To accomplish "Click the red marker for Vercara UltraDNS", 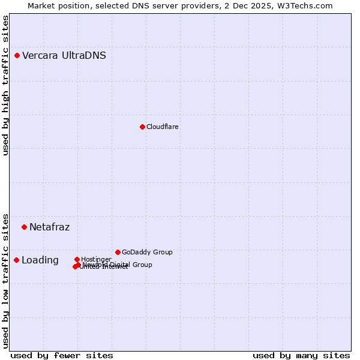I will point(17,56).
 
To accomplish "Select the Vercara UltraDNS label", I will point(64,56).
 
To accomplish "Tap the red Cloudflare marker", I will point(142,127).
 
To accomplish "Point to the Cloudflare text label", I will point(163,127).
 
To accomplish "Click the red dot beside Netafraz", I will point(25,227).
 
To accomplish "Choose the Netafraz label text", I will point(50,227).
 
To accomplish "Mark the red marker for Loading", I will point(17,260).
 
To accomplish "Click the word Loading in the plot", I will point(40,260).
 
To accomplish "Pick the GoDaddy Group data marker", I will point(118,252).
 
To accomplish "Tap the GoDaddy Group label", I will point(147,253).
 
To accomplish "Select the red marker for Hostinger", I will point(77,259).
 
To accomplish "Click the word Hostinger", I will point(97,259).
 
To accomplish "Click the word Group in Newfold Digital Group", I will point(142,265).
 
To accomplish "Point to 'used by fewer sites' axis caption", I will point(62,356).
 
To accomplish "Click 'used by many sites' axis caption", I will point(301,356).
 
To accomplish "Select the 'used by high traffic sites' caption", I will point(6,85).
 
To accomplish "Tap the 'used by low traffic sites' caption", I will point(6,280).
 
